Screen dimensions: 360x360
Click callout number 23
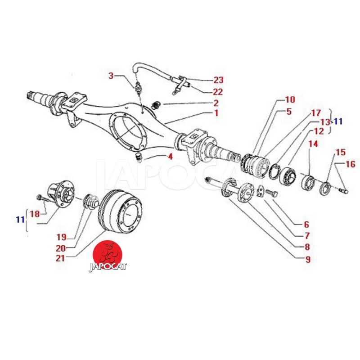(218, 81)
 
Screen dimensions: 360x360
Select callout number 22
(218, 92)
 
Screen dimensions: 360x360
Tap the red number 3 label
(111, 76)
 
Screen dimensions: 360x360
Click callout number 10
(290, 99)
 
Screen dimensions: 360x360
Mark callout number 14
(313, 144)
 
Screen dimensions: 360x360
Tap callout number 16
(351, 164)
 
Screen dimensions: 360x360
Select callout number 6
(306, 224)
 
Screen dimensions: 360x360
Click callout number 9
(308, 259)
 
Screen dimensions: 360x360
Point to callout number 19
(61, 237)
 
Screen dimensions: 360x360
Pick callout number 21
(60, 258)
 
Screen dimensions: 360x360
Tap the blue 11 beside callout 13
(337, 121)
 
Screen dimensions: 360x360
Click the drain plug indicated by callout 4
(139, 157)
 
